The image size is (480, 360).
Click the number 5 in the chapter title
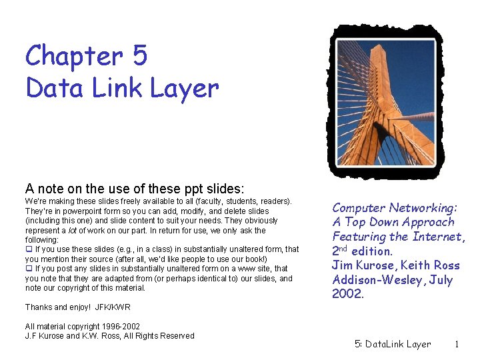click(139, 57)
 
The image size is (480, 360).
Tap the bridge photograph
click(385, 101)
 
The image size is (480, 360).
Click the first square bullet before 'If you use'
click(29, 249)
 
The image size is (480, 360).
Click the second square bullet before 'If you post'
click(29, 269)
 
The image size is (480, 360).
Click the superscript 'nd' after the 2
click(347, 249)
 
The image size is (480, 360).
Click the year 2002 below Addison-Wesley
click(348, 294)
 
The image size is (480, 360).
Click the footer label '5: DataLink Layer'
click(393, 345)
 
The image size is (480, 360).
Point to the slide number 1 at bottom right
click(457, 345)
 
